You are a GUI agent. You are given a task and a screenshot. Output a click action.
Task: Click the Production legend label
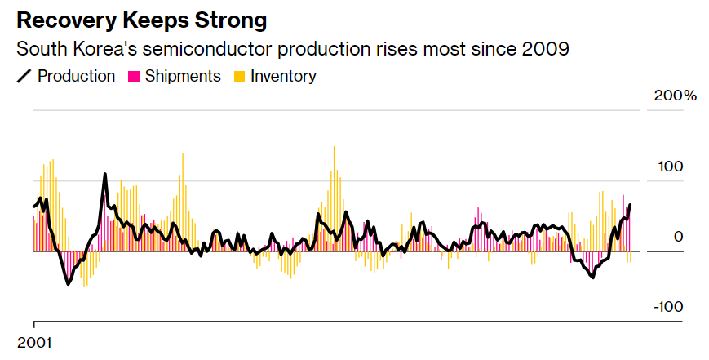click(76, 76)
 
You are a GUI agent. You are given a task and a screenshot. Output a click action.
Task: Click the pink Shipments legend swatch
click(132, 77)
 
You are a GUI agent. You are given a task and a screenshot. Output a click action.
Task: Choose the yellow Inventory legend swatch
click(239, 77)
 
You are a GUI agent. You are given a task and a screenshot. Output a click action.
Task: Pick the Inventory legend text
click(283, 76)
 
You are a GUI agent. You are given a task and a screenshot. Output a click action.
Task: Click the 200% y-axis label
click(676, 96)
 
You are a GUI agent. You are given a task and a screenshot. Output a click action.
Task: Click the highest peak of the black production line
click(105, 174)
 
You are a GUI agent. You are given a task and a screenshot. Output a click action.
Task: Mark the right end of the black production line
click(630, 205)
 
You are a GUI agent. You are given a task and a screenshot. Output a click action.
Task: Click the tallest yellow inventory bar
click(335, 148)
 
